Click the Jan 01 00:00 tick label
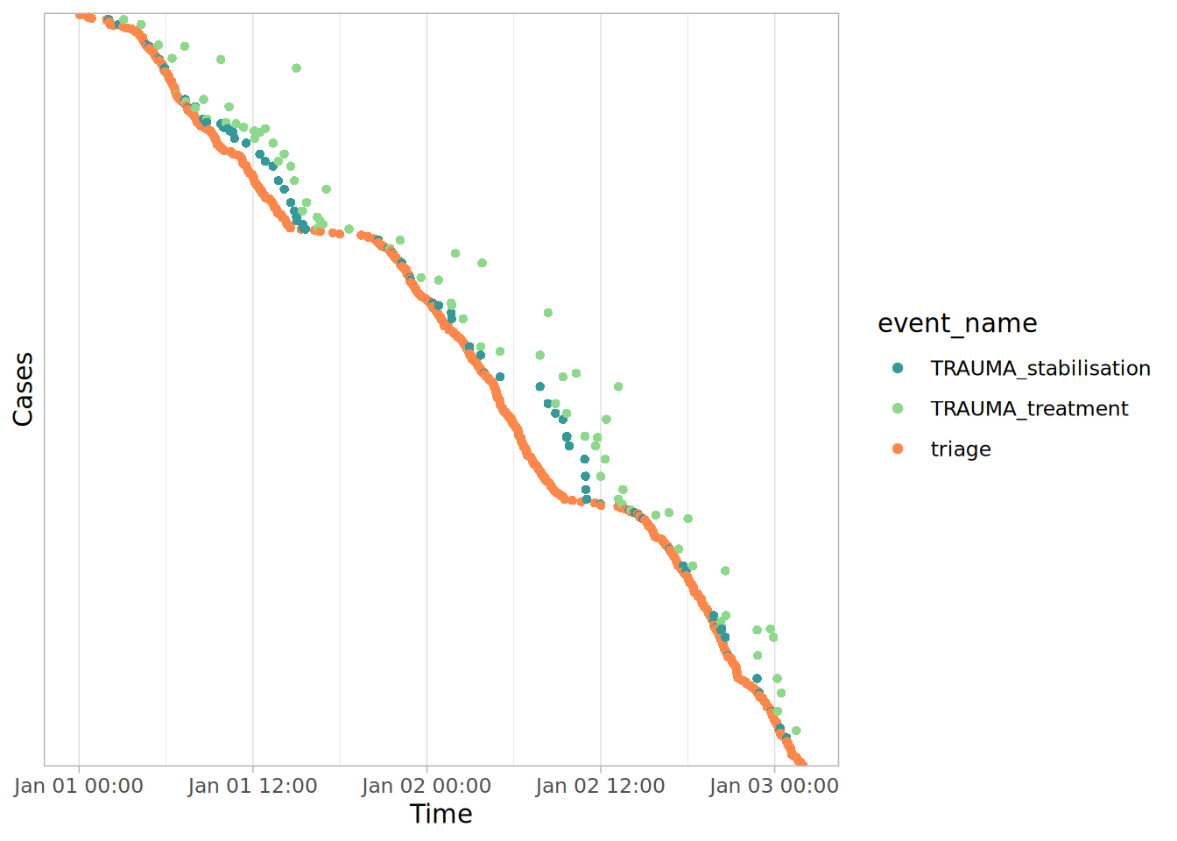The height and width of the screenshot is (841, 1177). (79, 786)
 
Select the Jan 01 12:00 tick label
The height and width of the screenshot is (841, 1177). (253, 786)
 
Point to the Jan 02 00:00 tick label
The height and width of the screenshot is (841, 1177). (426, 786)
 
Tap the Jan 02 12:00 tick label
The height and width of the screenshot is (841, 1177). (601, 786)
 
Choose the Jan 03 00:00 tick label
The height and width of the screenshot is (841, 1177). (774, 786)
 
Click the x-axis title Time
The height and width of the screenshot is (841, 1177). (441, 814)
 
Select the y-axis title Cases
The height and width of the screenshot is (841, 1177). (23, 389)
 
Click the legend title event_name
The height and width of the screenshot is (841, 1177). (957, 323)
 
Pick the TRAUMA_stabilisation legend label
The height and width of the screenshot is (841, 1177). (1040, 368)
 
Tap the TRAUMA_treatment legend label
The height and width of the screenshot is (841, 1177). (1029, 408)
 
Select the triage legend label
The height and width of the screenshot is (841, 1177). (961, 449)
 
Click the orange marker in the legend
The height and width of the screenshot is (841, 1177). (898, 449)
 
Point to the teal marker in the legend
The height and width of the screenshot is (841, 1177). (898, 368)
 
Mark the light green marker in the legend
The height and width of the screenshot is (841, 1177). (898, 408)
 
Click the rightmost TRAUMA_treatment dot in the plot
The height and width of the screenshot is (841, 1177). (796, 731)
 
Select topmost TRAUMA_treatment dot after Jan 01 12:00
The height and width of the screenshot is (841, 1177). (296, 67)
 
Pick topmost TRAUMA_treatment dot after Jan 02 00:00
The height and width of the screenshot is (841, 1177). (455, 253)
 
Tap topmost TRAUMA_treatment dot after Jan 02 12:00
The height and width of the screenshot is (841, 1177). (618, 386)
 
